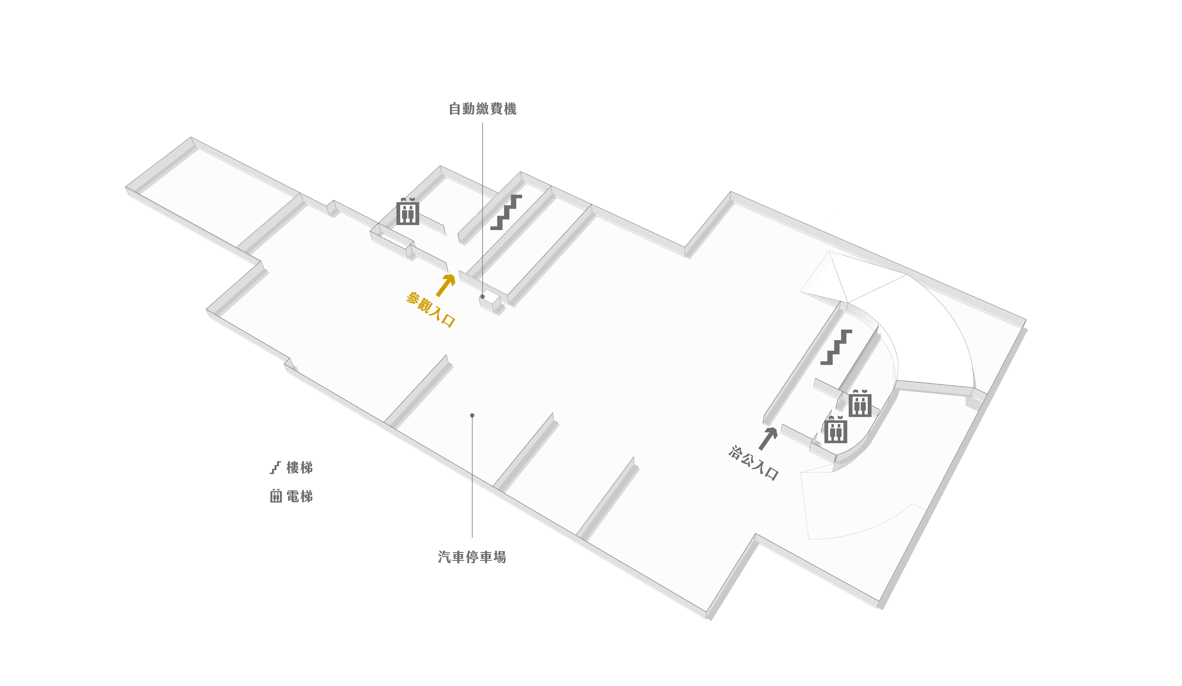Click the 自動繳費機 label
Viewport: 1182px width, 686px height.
[x=483, y=109]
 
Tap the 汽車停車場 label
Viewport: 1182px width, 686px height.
[x=472, y=557]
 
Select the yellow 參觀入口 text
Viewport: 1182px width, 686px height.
[x=430, y=310]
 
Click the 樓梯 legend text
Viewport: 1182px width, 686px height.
[x=299, y=468]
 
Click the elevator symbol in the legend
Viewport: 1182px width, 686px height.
[x=276, y=496]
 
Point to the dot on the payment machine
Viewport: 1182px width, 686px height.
[x=482, y=297]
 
